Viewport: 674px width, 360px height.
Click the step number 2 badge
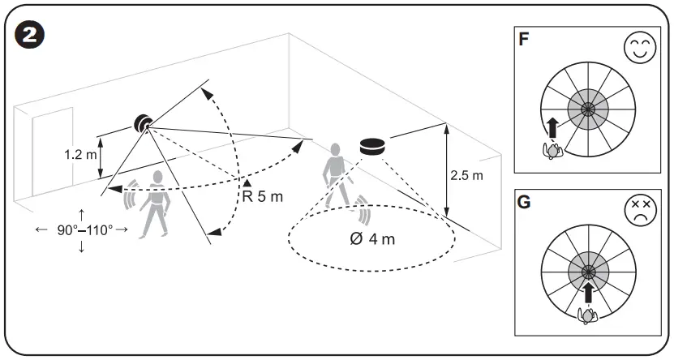tap(29, 36)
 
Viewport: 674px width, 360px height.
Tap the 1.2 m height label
tap(80, 155)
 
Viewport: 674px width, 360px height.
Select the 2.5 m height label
tap(466, 175)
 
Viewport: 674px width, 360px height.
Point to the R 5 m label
tap(263, 196)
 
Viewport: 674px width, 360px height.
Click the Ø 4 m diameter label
tap(372, 238)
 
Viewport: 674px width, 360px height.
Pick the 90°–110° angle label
tap(84, 230)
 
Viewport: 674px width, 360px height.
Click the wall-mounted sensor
tap(143, 124)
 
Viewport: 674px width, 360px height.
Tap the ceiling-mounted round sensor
tap(372, 147)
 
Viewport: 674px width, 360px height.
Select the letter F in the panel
tap(524, 40)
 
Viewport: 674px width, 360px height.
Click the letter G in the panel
tap(525, 202)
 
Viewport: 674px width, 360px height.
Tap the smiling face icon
tap(640, 47)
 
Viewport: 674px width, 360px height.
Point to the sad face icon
tap(640, 210)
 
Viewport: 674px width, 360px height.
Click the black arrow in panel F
tap(553, 127)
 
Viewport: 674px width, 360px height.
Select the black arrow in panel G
tap(588, 291)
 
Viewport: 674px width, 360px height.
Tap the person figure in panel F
tap(552, 150)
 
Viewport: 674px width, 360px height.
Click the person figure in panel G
tap(587, 315)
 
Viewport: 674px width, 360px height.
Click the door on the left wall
tap(53, 152)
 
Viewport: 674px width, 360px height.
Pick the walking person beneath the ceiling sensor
tap(338, 176)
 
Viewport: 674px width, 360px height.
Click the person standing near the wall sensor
tap(157, 204)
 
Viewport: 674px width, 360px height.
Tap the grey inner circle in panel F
tap(587, 109)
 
